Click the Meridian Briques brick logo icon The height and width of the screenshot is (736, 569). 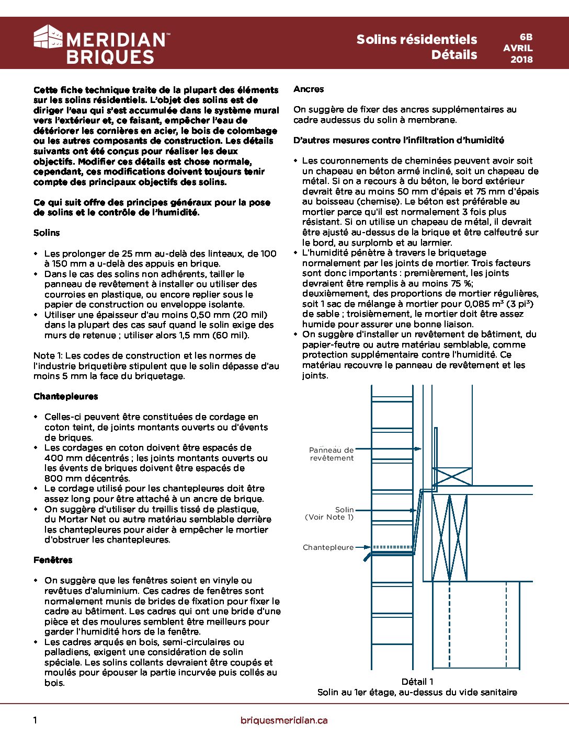coord(48,37)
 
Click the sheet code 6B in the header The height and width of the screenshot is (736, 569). coord(526,37)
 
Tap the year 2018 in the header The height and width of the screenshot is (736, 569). coord(521,59)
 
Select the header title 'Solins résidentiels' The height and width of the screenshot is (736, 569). coord(416,39)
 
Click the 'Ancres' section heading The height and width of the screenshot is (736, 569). coord(309,89)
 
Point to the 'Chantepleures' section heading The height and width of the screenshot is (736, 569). coord(65,396)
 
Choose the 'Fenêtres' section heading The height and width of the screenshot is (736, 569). coord(53,560)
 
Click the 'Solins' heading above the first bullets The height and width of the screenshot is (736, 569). coord(47,233)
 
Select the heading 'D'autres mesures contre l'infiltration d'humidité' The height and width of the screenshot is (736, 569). coord(399,140)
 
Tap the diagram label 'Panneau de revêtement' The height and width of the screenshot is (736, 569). coord(332,454)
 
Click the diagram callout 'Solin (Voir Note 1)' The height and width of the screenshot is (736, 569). coord(329,513)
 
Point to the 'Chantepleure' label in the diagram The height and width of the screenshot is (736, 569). coord(328,547)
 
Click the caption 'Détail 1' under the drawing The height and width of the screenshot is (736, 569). coord(417,682)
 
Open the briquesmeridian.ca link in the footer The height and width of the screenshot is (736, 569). coord(284,720)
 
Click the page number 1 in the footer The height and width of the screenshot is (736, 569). coord(35,720)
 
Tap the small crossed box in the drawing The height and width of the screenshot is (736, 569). coord(452,476)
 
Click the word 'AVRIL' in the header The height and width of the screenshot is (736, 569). coord(518,48)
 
